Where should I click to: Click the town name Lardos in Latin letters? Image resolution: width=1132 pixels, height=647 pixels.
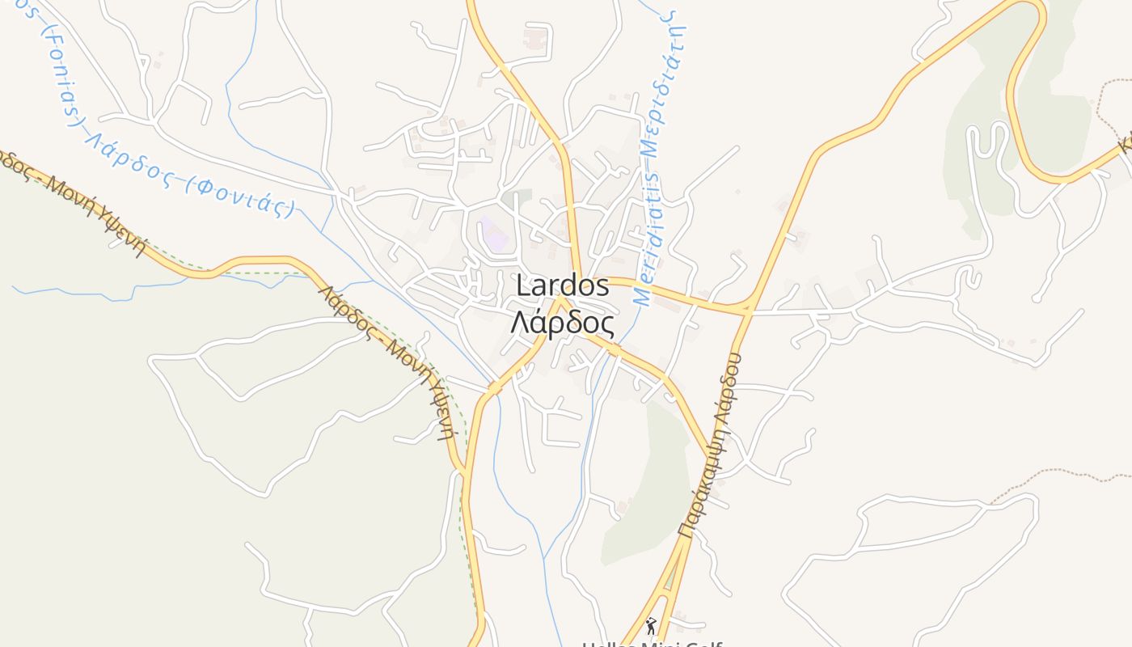(x=562, y=285)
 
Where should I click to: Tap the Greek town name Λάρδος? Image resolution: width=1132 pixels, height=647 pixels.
(x=562, y=323)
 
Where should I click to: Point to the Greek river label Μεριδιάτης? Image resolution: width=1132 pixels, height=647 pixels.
(x=669, y=89)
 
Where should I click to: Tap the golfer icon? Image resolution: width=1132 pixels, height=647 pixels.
(x=651, y=625)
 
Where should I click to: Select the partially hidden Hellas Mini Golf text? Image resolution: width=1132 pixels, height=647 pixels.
(x=651, y=643)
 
